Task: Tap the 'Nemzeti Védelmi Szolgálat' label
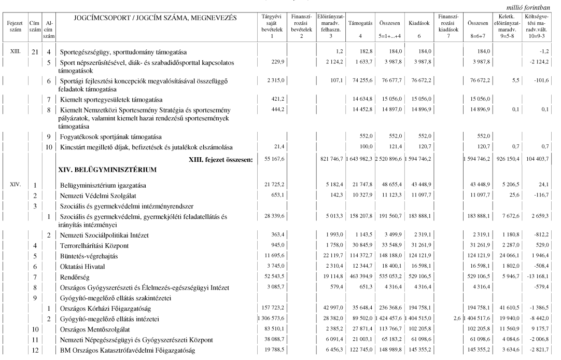tap(97, 195)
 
